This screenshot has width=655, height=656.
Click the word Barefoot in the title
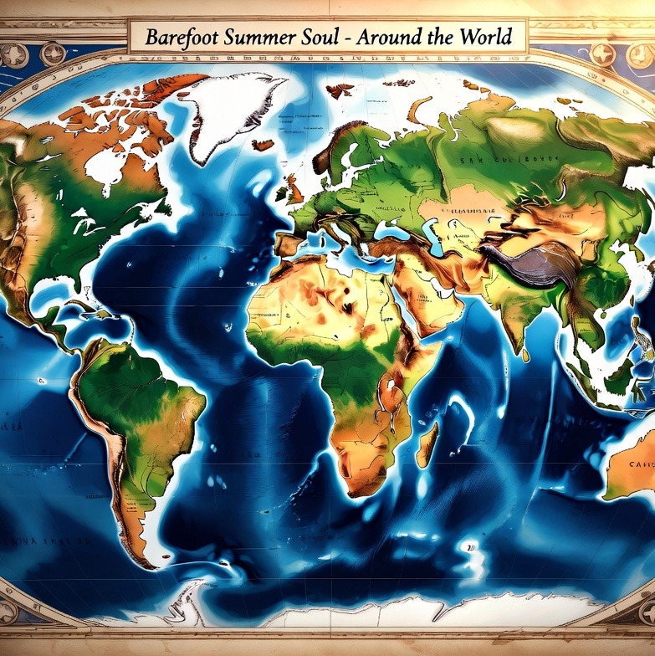click(x=179, y=38)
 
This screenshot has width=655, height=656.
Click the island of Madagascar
click(x=427, y=443)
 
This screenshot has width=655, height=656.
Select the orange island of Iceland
click(x=263, y=144)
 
